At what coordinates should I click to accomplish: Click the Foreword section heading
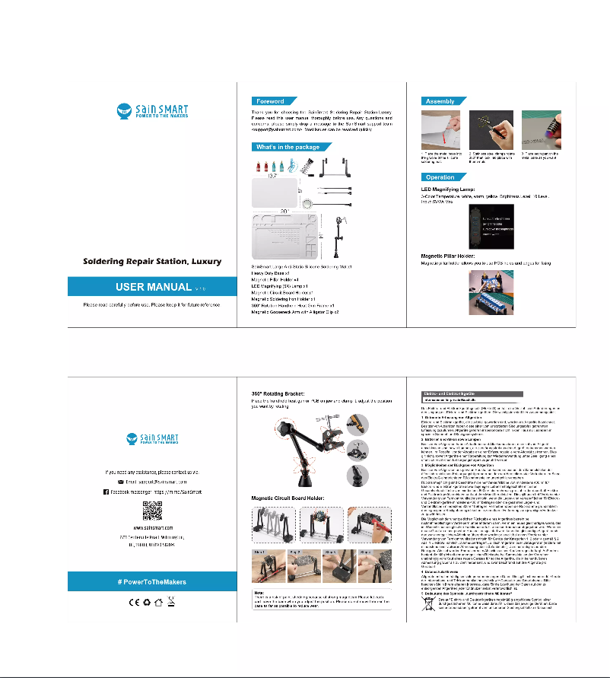[x=271, y=100]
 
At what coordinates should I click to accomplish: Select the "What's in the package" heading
[x=288, y=147]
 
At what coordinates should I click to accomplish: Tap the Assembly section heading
[x=440, y=100]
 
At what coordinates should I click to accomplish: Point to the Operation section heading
[x=442, y=177]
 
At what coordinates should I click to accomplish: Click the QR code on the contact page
[x=152, y=508]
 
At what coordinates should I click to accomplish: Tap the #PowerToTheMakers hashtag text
[x=152, y=581]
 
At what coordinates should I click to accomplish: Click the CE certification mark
[x=131, y=603]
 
